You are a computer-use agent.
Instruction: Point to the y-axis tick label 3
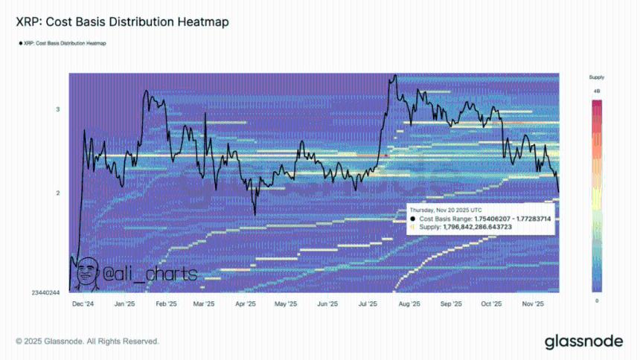(57, 110)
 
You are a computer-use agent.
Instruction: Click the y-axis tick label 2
(57, 193)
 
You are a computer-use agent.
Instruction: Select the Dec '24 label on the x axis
(83, 304)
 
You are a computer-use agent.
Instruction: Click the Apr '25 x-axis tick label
(246, 304)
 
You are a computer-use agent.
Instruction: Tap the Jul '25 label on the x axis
(368, 304)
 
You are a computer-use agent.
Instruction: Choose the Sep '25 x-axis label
(451, 304)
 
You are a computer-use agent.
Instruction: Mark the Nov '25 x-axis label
(533, 304)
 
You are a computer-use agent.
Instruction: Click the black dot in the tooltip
(414, 219)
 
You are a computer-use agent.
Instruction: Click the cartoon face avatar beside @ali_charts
(88, 273)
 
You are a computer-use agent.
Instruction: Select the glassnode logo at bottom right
(583, 341)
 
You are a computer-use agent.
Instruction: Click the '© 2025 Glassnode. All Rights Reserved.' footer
(88, 341)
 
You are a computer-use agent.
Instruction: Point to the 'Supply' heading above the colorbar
(597, 77)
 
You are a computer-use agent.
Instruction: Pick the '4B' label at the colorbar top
(597, 91)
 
